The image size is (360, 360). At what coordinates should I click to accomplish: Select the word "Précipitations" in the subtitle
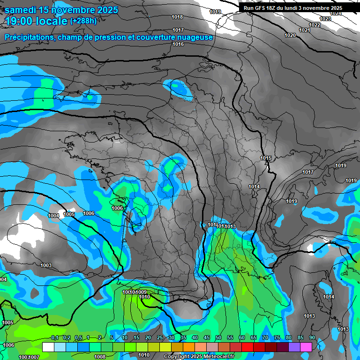pos(30,37)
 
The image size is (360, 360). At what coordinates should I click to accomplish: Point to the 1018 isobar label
pos(177,17)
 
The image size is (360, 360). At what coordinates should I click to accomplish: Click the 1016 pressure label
pos(178,44)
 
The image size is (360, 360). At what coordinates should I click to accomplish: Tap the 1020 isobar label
pos(291,36)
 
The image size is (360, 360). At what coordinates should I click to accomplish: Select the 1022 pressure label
pos(315,25)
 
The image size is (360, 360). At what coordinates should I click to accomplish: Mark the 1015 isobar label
pos(266,158)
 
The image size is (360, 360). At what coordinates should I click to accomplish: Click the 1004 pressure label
pos(54,216)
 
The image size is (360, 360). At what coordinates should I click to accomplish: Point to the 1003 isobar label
pos(46,265)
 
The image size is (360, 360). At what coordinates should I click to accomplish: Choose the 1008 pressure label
pos(100,357)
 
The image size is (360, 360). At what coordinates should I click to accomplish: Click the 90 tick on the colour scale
pos(312,337)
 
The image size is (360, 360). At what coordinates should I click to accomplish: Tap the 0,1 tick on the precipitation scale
pos(54,337)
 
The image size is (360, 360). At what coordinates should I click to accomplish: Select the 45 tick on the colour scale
pos(207,337)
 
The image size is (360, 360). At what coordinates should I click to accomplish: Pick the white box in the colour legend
pos(48,347)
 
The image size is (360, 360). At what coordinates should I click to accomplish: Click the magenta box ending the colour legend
pos(306,347)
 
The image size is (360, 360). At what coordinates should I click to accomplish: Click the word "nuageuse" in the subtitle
pos(196,37)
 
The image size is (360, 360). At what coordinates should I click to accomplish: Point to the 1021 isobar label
pos(305,30)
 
